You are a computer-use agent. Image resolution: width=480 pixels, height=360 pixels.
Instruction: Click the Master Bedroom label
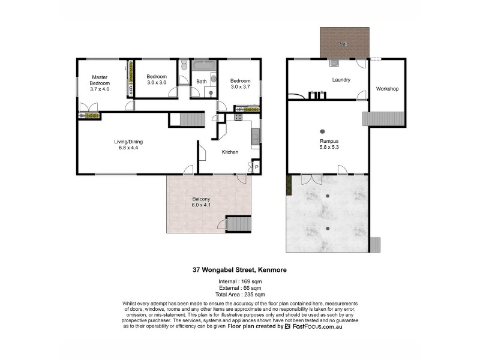click(100, 83)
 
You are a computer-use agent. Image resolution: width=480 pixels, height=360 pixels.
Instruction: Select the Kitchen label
click(230, 152)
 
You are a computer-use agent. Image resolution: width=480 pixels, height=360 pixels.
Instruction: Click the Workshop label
click(387, 89)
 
